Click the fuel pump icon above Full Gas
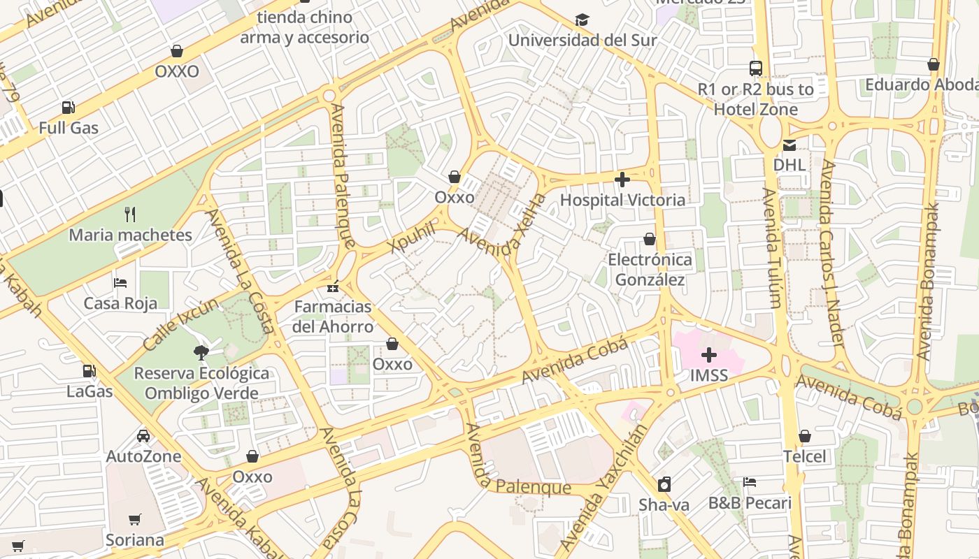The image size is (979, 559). point(68,108)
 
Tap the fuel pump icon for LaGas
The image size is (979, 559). point(89,371)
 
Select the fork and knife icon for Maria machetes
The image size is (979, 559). point(129,214)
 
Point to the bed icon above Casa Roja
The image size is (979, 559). point(120,283)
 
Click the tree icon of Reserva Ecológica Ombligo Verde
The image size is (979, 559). point(201,352)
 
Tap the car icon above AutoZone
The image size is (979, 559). point(143,436)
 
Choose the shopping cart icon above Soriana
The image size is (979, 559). point(134,520)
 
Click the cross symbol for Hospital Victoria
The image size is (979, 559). point(622,180)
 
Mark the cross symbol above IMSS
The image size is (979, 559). point(709,355)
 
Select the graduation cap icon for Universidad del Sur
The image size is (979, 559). point(582,20)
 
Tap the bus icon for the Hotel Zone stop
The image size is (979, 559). point(756,68)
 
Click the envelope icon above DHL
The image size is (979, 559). point(789,145)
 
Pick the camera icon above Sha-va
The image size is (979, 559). point(664,484)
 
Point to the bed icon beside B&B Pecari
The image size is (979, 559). point(750,482)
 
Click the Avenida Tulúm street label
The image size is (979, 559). point(772,248)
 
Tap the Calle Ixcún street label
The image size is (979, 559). point(180,325)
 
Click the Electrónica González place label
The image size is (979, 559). point(650,270)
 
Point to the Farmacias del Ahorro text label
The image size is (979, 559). point(333,317)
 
